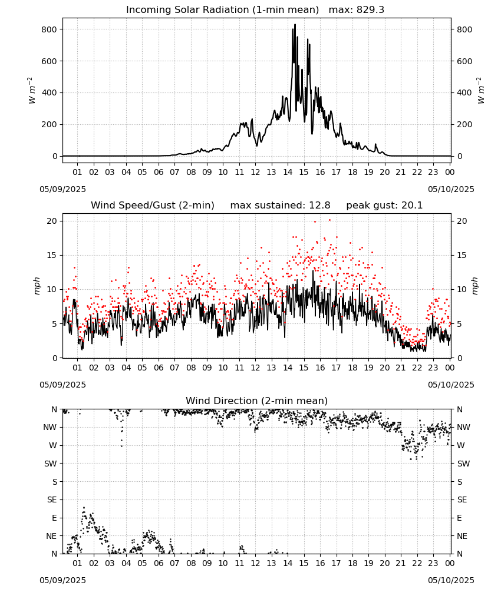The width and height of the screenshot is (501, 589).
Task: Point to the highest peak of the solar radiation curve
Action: (x=295, y=24)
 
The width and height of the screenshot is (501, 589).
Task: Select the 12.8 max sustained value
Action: (x=319, y=206)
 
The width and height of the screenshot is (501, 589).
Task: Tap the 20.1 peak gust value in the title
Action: (x=411, y=206)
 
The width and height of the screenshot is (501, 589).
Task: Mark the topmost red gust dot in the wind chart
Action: (x=329, y=220)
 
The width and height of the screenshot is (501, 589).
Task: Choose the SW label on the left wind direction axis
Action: (x=51, y=464)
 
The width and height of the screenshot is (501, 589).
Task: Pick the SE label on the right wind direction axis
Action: (x=462, y=499)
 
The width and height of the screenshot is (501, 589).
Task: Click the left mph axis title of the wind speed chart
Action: (x=37, y=286)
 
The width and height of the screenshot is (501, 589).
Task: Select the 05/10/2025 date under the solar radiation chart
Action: (x=451, y=189)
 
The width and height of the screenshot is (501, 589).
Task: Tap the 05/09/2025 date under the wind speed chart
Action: (x=62, y=385)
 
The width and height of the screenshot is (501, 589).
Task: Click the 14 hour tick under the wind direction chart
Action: (x=288, y=563)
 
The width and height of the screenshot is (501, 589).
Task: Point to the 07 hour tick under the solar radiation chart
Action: (x=174, y=172)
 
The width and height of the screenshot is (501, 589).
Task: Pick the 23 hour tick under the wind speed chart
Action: (x=433, y=368)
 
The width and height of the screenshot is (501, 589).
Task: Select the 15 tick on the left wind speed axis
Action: (x=52, y=256)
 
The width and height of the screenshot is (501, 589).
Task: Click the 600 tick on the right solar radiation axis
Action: (x=464, y=61)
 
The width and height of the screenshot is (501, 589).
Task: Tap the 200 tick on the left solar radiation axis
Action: (x=50, y=124)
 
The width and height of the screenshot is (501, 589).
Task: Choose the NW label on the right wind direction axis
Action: (x=463, y=427)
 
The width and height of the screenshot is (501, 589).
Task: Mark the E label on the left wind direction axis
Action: (x=54, y=518)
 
